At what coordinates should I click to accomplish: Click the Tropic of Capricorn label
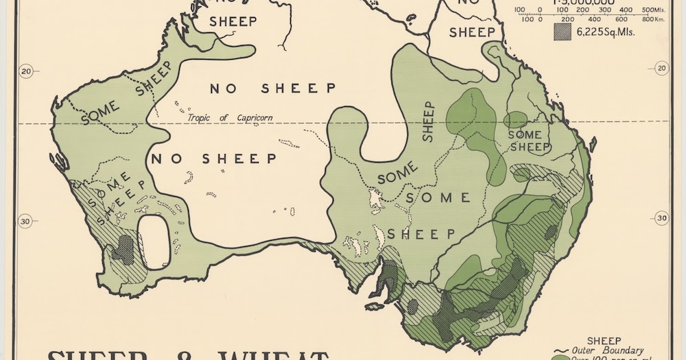(x=230, y=117)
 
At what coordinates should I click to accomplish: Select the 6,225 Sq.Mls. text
(x=606, y=31)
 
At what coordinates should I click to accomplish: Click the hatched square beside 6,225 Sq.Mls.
(x=562, y=31)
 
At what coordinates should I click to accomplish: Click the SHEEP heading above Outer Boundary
(x=604, y=340)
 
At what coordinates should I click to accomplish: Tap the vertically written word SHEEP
(x=429, y=121)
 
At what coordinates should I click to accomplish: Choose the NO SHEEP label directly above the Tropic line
(x=272, y=88)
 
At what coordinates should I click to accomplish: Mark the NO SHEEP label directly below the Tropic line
(x=214, y=159)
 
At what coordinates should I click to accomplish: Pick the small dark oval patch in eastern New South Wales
(x=550, y=231)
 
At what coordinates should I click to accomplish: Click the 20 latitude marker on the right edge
(x=661, y=69)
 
